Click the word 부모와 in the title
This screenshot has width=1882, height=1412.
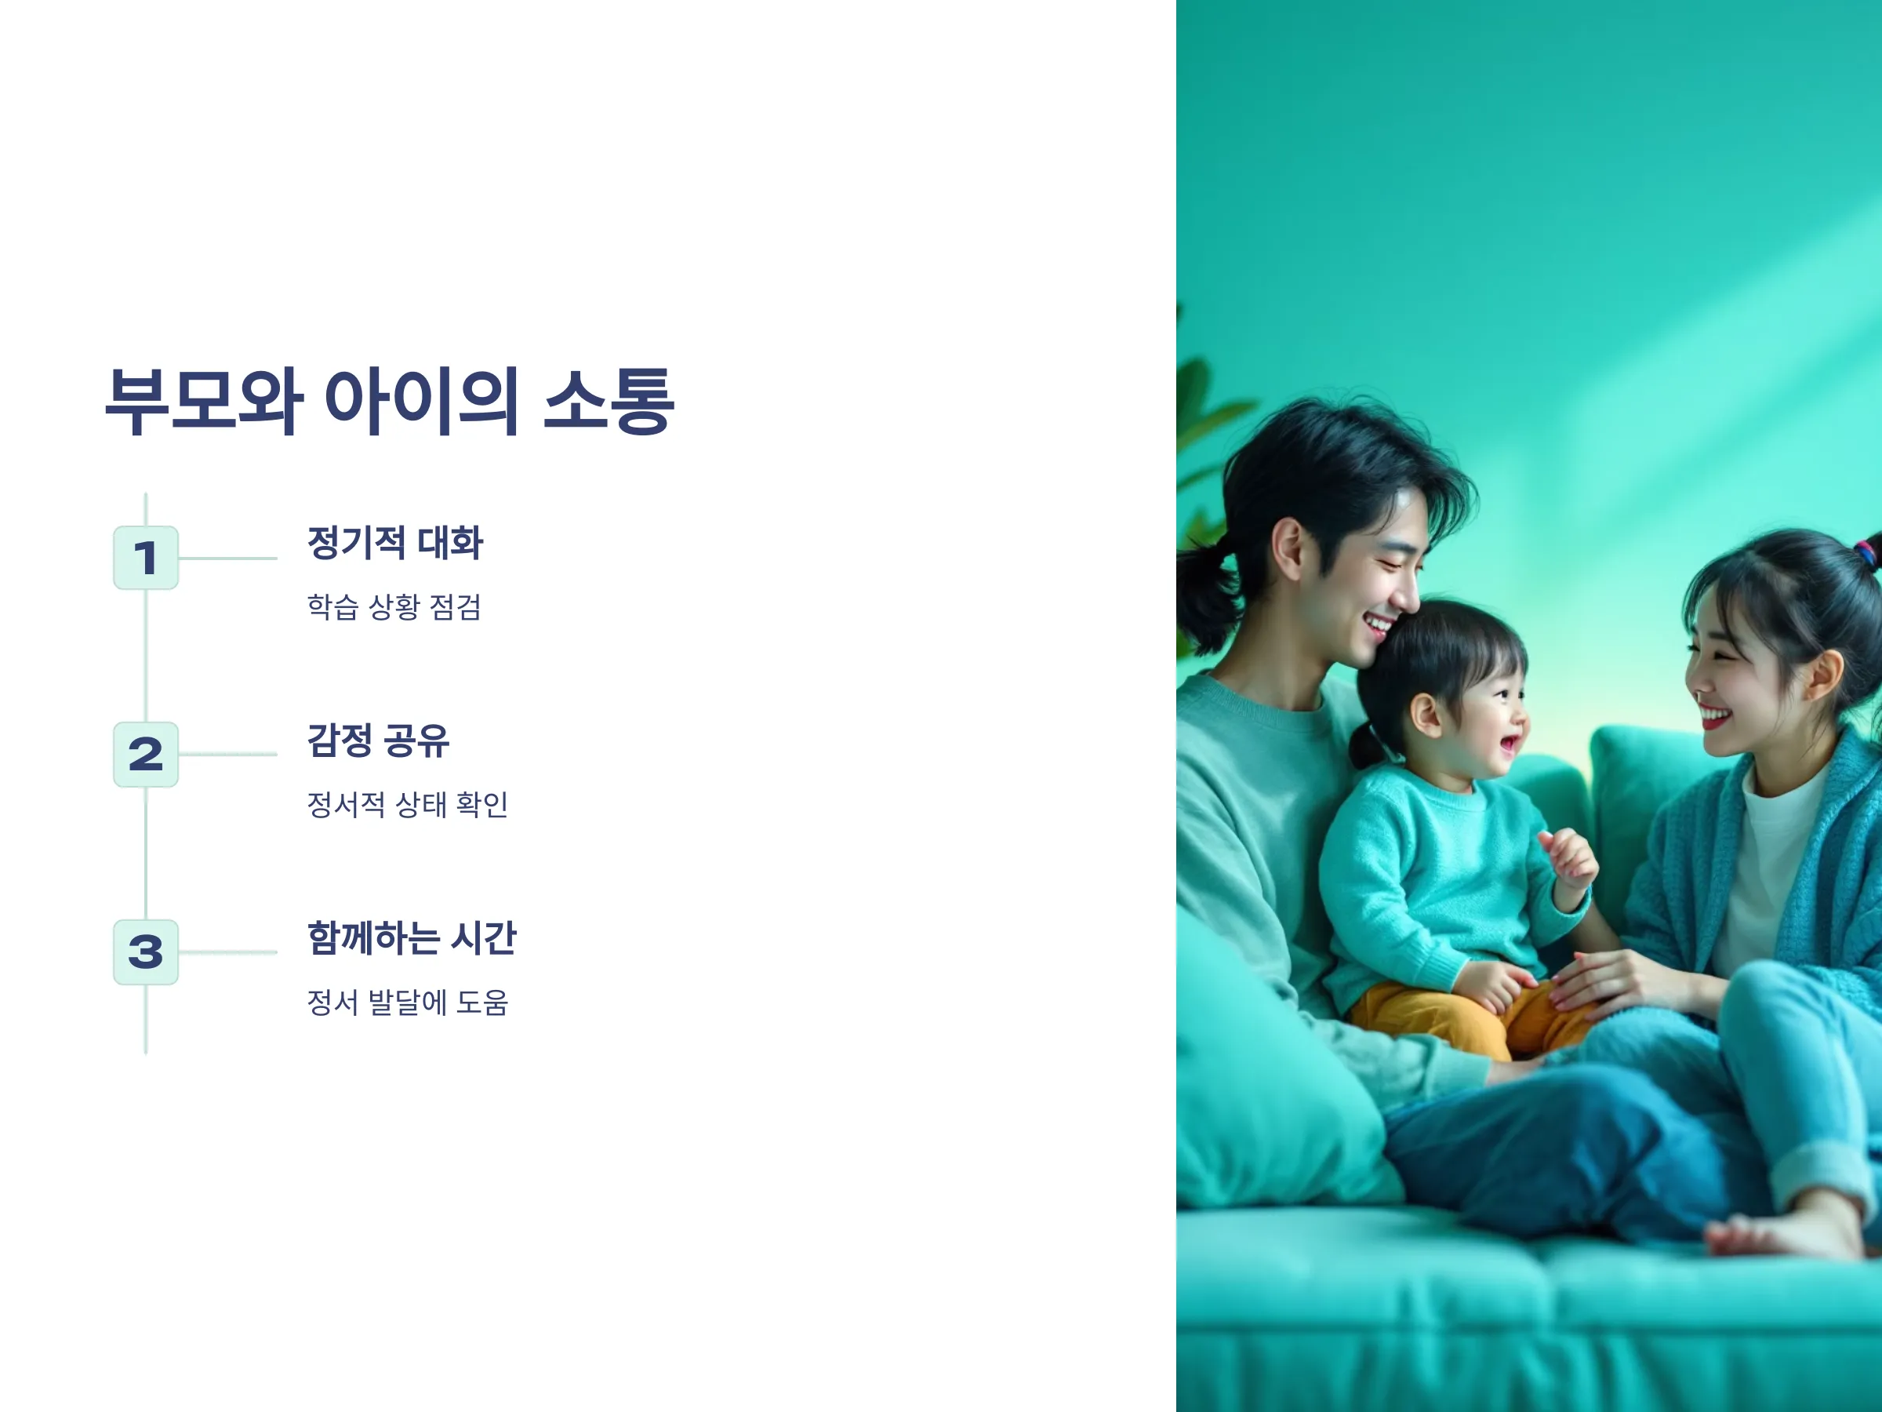click(x=204, y=402)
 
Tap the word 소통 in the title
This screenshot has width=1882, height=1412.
click(x=609, y=402)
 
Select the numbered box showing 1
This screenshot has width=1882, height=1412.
click(x=146, y=558)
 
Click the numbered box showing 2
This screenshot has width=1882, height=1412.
click(x=146, y=754)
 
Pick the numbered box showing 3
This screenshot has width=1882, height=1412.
click(x=146, y=952)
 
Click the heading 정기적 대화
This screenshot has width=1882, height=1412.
click(x=394, y=543)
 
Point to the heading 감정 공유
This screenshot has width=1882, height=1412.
click(x=378, y=741)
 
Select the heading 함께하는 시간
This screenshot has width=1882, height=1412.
click(x=412, y=938)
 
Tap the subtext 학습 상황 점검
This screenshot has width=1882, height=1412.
click(x=394, y=607)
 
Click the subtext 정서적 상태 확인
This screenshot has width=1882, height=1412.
click(x=408, y=804)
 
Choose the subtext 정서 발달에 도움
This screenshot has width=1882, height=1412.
click(x=408, y=1003)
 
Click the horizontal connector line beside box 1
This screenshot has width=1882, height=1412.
click(x=228, y=559)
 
